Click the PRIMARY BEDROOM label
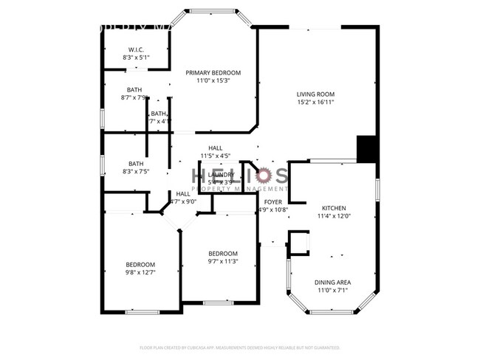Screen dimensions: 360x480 pyautogui.click(x=213, y=72)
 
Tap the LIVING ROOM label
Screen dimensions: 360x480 pyautogui.click(x=315, y=94)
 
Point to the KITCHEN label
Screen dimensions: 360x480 pyautogui.click(x=333, y=209)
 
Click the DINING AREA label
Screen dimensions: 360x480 pyautogui.click(x=333, y=283)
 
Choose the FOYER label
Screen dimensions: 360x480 pyautogui.click(x=272, y=201)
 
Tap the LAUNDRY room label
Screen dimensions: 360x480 pyautogui.click(x=221, y=174)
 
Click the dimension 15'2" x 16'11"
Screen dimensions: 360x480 pyautogui.click(x=315, y=103)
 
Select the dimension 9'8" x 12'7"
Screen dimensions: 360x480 pyautogui.click(x=140, y=272)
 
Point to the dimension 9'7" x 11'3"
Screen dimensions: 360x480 pyautogui.click(x=222, y=260)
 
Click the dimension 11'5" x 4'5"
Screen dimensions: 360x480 pyautogui.click(x=216, y=156)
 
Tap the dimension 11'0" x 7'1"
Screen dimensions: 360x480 pyautogui.click(x=333, y=291)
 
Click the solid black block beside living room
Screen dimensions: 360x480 pyautogui.click(x=367, y=148)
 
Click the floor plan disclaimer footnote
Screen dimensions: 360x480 pyautogui.click(x=239, y=347)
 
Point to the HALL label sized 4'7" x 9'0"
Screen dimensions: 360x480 pyautogui.click(x=183, y=193)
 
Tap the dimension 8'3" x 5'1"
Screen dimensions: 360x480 pyautogui.click(x=135, y=57)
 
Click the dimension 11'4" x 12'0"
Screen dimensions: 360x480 pyautogui.click(x=333, y=217)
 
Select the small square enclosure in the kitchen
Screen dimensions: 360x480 pyautogui.click(x=299, y=242)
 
